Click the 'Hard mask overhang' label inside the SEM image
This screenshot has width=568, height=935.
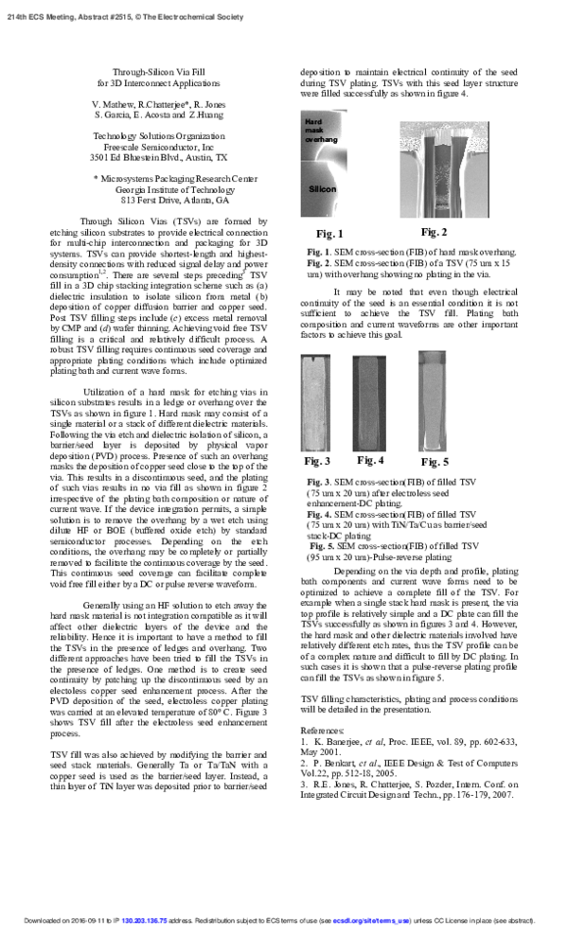click(320, 131)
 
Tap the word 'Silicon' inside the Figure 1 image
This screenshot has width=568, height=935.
click(322, 189)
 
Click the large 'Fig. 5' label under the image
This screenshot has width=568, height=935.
click(435, 462)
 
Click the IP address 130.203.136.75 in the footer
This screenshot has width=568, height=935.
click(144, 919)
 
